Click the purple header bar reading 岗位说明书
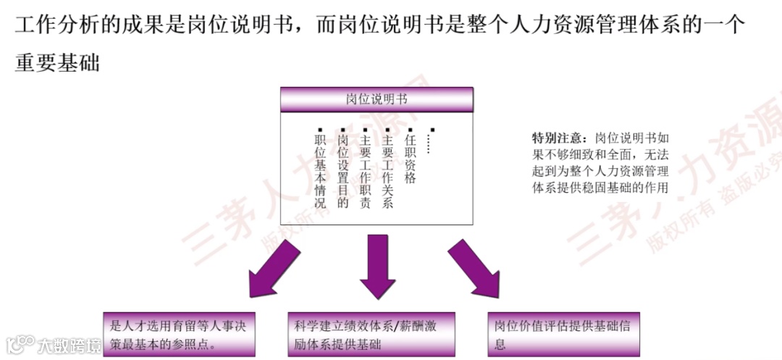click(377, 99)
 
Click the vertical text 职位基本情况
click(320, 172)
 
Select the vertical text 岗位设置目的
click(342, 172)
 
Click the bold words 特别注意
click(556, 138)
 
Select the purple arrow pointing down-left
click(273, 268)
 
